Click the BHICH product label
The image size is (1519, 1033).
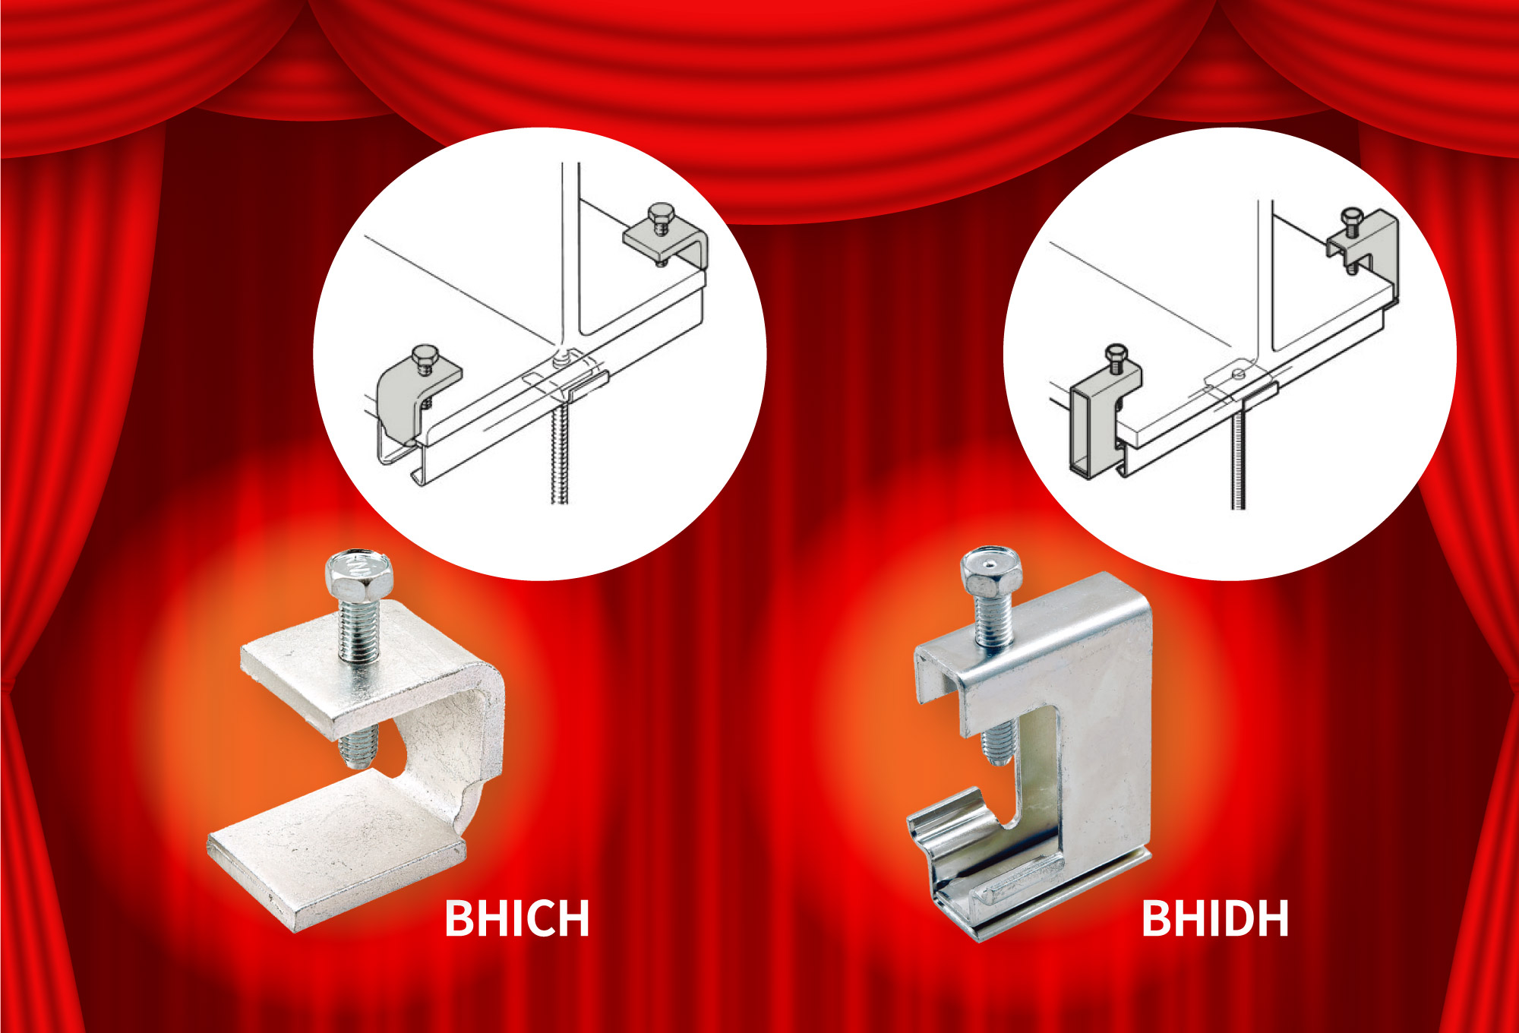coord(516,918)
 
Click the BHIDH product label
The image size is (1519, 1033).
coord(1215,918)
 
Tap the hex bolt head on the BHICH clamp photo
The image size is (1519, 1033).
coord(358,575)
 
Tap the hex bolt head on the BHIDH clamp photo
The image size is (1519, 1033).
coord(990,571)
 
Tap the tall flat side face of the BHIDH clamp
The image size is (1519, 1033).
coord(1101,729)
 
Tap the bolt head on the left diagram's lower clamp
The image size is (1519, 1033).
coord(424,355)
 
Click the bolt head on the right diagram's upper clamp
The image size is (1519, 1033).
coord(1351,216)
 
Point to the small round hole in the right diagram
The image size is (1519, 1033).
coord(1239,373)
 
